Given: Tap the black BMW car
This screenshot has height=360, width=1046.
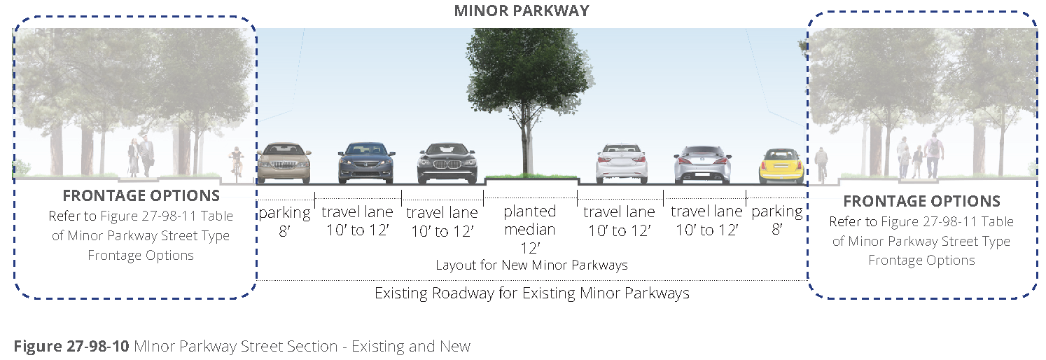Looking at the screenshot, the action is [447, 163].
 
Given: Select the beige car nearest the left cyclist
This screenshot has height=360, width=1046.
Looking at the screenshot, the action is [284, 164].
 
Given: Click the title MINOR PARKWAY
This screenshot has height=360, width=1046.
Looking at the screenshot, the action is [522, 11].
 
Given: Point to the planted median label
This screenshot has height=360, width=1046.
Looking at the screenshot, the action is [530, 220].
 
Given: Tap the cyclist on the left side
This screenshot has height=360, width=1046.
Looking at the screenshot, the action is [236, 164].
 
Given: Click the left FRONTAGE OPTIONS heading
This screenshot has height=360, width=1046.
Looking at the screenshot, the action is [141, 196].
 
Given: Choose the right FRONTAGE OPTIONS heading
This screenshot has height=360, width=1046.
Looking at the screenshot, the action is [921, 202].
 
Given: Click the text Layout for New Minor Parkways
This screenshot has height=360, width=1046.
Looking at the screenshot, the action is [531, 265].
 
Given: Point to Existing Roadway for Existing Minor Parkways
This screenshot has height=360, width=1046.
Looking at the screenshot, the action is [531, 293].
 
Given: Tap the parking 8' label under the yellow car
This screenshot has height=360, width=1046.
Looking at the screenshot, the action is [776, 220].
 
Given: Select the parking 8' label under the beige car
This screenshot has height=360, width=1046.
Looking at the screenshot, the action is [284, 221].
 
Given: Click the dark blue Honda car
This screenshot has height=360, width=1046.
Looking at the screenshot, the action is [366, 163].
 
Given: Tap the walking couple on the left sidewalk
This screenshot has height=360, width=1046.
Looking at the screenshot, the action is [141, 157].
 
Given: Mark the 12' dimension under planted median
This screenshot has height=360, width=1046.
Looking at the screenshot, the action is [529, 247].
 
